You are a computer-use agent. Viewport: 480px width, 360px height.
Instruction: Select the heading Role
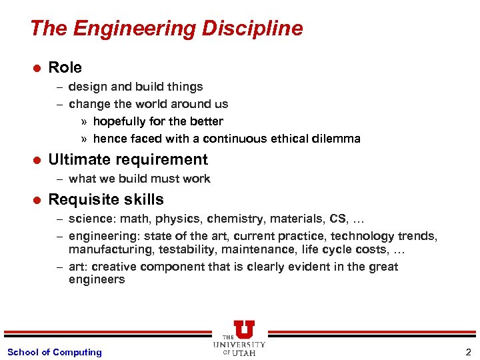65,67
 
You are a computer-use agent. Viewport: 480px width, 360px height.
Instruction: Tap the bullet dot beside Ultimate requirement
37,160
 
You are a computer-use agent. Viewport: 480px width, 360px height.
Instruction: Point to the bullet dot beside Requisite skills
37,200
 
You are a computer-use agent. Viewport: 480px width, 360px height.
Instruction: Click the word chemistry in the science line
232,219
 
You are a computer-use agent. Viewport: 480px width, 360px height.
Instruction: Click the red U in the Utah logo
243,329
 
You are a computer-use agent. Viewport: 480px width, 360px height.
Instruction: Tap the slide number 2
467,352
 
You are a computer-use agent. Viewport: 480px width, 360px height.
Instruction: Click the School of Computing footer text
54,352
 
